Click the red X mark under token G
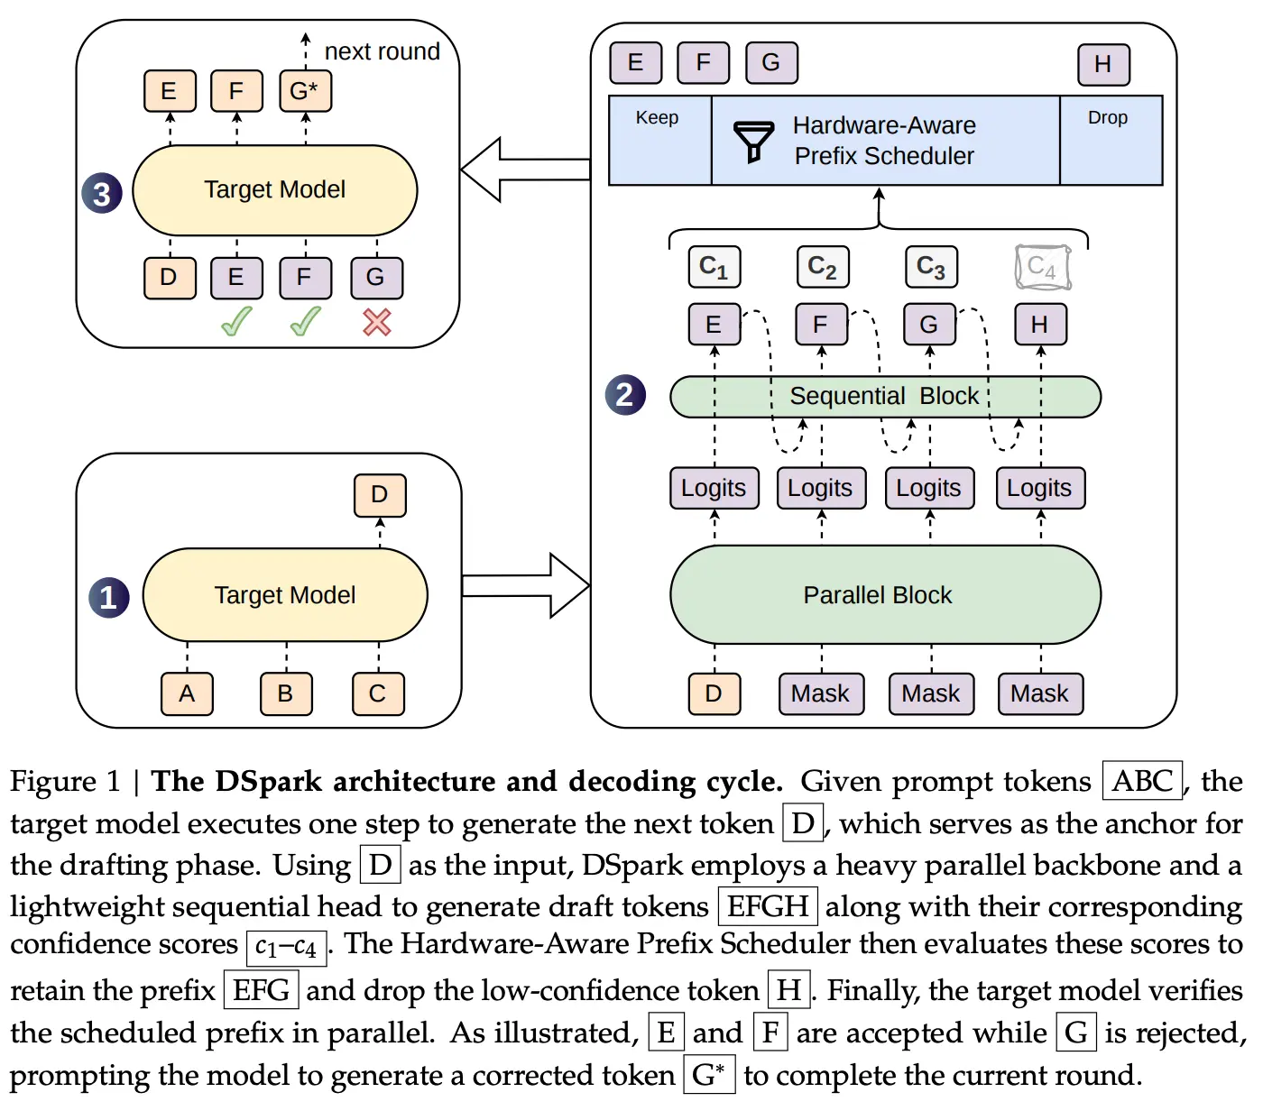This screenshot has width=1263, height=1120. [x=376, y=322]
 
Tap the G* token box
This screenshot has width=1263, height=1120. [x=305, y=91]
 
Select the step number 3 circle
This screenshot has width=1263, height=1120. [x=102, y=193]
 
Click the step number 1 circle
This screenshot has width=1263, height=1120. [x=108, y=597]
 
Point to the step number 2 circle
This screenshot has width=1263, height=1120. [x=624, y=394]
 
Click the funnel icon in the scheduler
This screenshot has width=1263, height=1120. [x=753, y=142]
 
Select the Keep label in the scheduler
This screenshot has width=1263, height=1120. [x=657, y=117]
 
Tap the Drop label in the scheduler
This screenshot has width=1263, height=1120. [x=1107, y=117]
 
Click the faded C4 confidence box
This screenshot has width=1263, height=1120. [x=1042, y=267]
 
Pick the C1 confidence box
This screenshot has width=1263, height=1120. [x=714, y=267]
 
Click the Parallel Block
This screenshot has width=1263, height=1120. [x=885, y=594]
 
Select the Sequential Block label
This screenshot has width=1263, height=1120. [x=884, y=396]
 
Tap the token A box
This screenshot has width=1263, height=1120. [x=187, y=693]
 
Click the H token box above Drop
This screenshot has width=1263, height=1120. [x=1102, y=64]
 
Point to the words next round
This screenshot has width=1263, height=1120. [x=383, y=51]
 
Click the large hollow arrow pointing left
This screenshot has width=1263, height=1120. [x=525, y=170]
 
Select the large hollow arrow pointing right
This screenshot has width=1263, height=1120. [x=526, y=585]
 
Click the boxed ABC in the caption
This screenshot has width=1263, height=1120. [x=1142, y=780]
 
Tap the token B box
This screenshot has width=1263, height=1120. [x=285, y=693]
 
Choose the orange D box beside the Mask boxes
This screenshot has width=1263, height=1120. [x=714, y=693]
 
